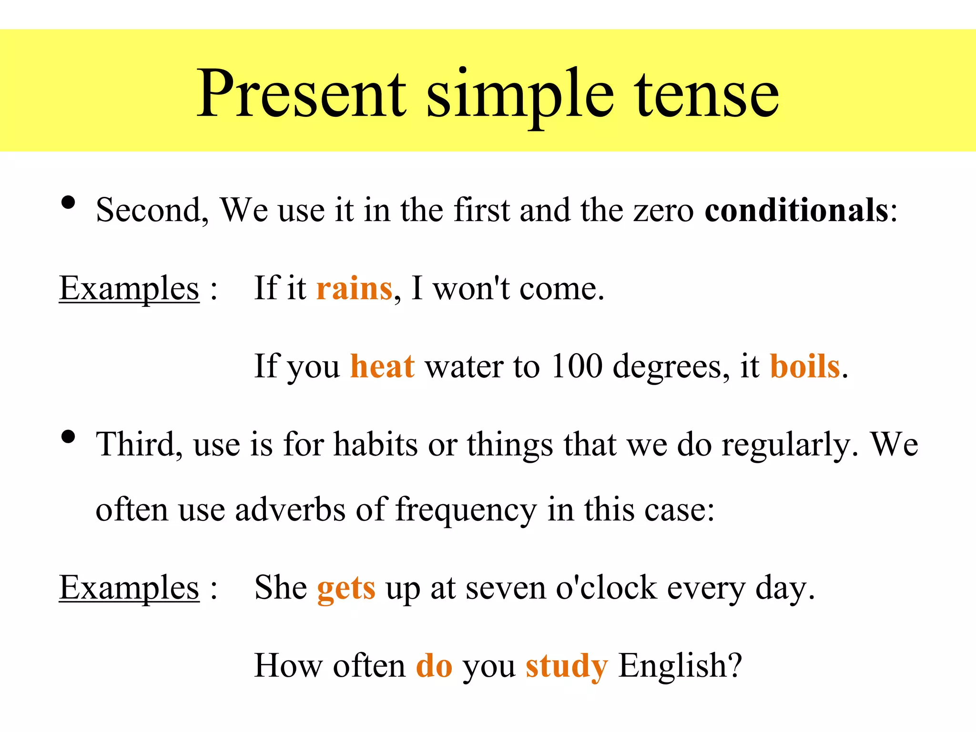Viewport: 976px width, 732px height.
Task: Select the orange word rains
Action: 354,288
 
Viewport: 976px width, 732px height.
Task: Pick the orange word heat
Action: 382,366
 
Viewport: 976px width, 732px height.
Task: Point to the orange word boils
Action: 805,366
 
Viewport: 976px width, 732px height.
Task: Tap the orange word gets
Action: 346,589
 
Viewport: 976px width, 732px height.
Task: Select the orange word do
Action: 434,666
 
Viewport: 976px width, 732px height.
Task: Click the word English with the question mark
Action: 680,666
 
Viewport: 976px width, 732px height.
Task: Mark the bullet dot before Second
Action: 69,203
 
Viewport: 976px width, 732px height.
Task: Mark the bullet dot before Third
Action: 69,437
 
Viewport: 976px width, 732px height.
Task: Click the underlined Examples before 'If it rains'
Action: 129,288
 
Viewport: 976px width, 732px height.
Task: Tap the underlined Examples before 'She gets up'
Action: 129,588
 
